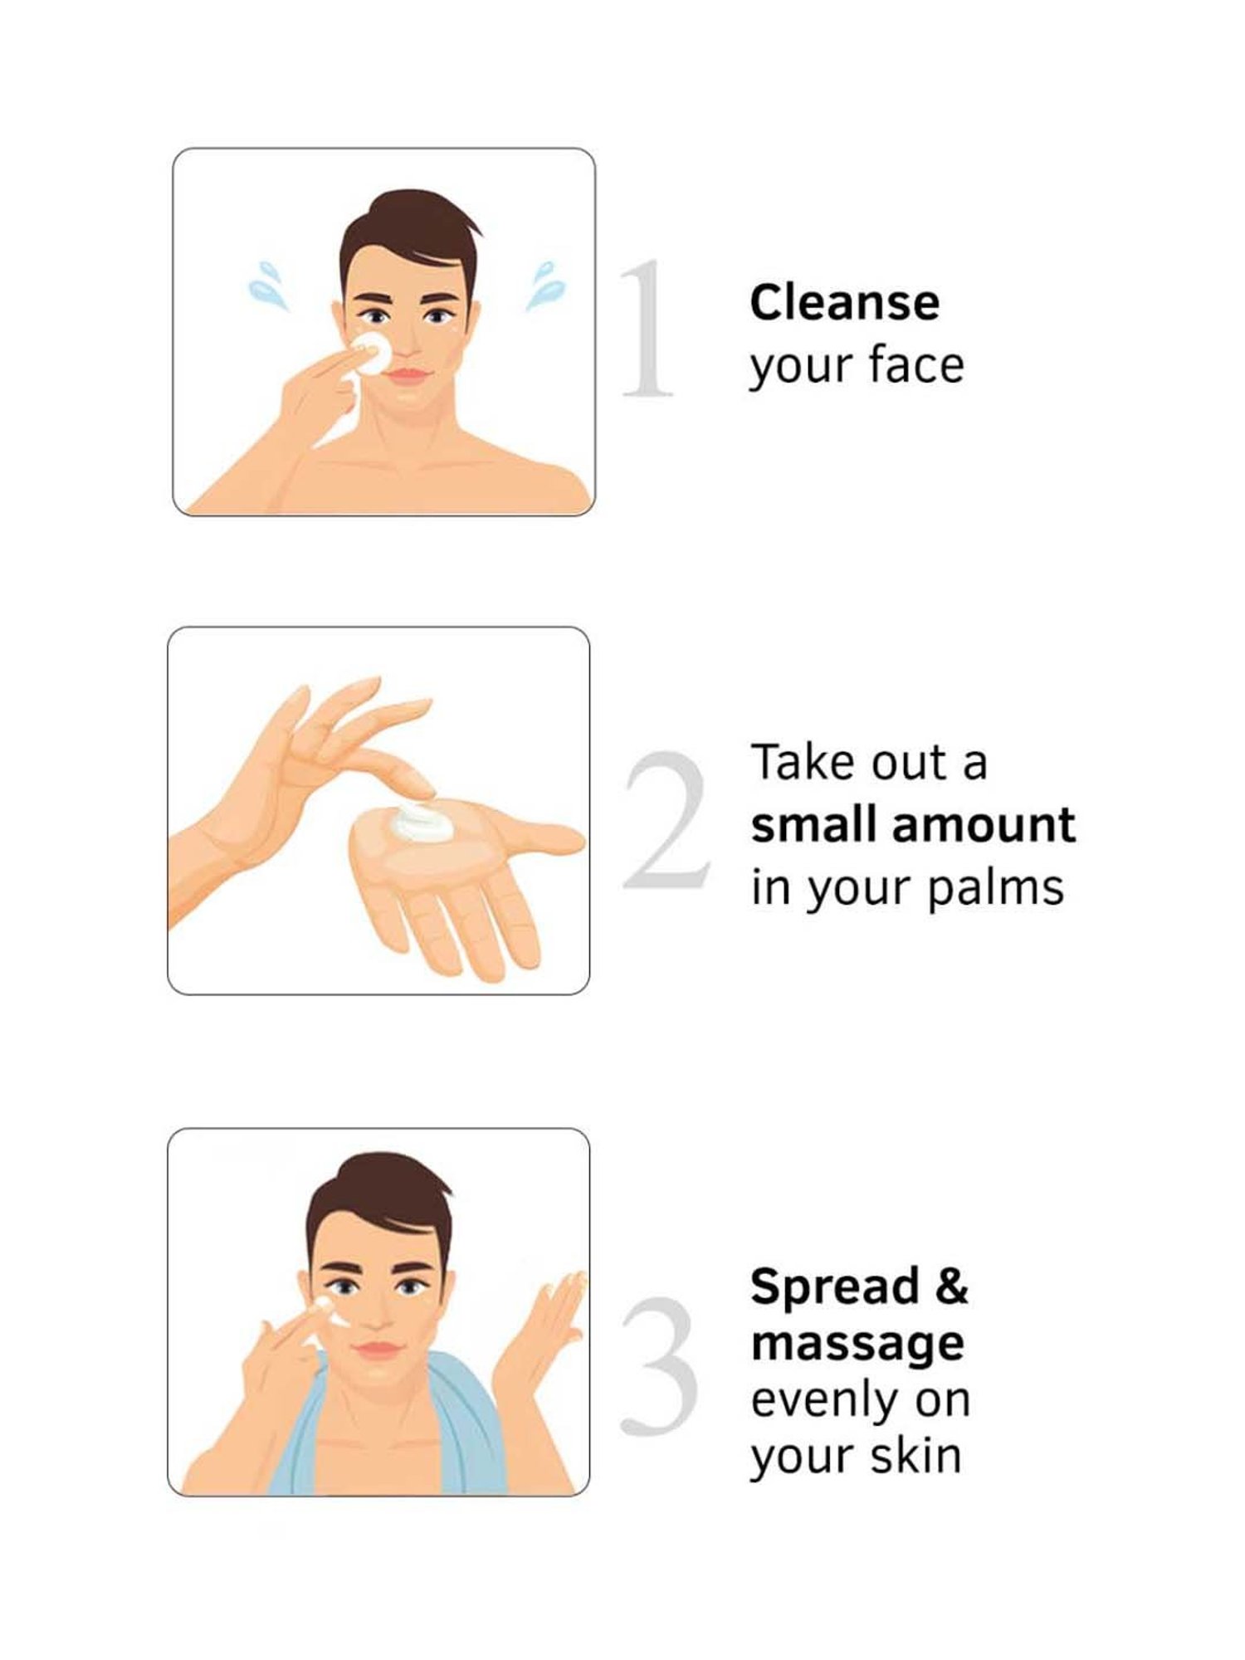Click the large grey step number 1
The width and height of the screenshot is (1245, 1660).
tap(648, 329)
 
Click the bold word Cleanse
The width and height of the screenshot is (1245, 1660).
tap(844, 302)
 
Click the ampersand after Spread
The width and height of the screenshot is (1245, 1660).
tap(950, 1286)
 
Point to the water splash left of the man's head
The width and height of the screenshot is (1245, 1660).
tap(268, 286)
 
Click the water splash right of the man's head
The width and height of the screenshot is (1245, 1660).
tap(545, 286)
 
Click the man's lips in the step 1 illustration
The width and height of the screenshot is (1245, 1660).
tap(408, 374)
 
